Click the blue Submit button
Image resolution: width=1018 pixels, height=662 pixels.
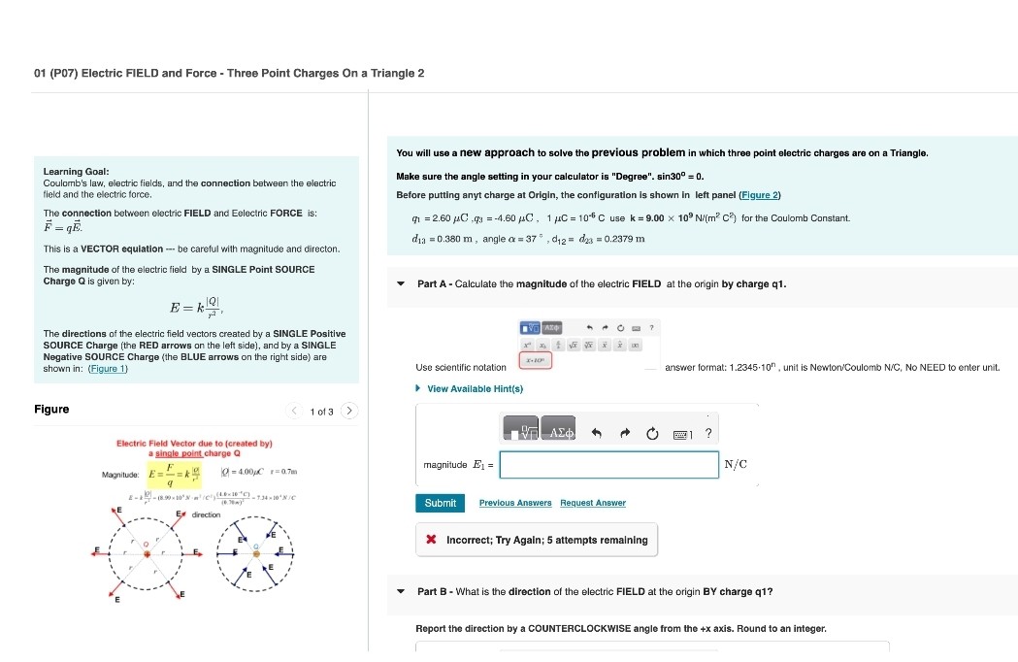(440, 503)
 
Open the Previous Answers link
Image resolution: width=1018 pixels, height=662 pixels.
(514, 503)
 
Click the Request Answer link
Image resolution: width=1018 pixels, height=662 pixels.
(592, 503)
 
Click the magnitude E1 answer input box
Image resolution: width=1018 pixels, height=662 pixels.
(609, 465)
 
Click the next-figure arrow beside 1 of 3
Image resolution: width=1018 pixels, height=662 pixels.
(350, 411)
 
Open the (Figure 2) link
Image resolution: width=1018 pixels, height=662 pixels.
(760, 195)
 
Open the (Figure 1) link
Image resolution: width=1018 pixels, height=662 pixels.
(108, 369)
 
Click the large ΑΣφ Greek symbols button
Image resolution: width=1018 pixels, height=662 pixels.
(560, 432)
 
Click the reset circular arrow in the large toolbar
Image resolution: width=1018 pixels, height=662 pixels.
(652, 433)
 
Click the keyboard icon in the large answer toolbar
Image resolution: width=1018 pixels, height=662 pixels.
(681, 433)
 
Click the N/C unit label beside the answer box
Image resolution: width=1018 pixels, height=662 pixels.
(736, 465)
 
